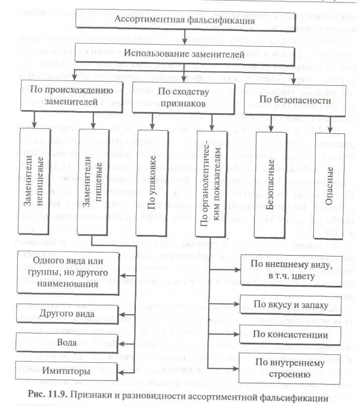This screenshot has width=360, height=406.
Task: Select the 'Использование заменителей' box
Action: coord(185,54)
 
